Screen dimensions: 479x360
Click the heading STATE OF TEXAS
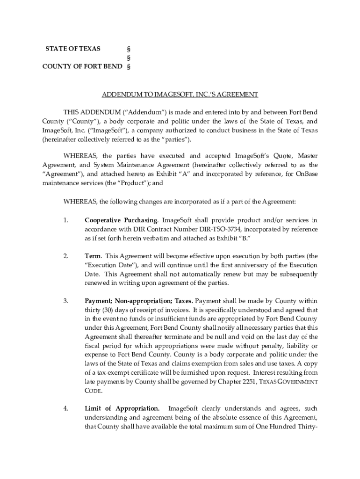pos(72,49)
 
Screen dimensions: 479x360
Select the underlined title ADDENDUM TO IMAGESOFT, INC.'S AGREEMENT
pos(180,94)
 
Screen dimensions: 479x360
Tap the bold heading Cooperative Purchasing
pos(121,220)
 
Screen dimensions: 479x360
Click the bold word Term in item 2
pos(92,256)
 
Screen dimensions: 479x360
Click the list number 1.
pos(65,220)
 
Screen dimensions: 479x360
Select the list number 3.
pos(65,301)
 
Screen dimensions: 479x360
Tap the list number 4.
pos(65,408)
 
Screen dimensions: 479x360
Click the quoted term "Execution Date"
pos(111,265)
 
